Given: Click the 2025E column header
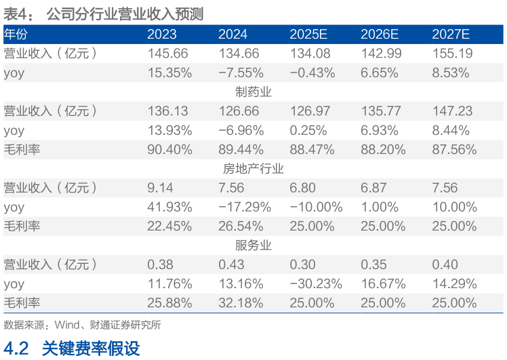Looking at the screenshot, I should (309, 34).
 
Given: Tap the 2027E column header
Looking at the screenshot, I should (451, 34).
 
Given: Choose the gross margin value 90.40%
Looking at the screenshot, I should (170, 149).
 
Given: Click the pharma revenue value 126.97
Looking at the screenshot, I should (309, 111).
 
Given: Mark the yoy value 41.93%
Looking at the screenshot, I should (170, 207).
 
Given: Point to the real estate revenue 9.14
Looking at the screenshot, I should (160, 188).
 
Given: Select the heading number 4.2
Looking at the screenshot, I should (16, 348).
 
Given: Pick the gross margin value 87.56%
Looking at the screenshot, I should (454, 149).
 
